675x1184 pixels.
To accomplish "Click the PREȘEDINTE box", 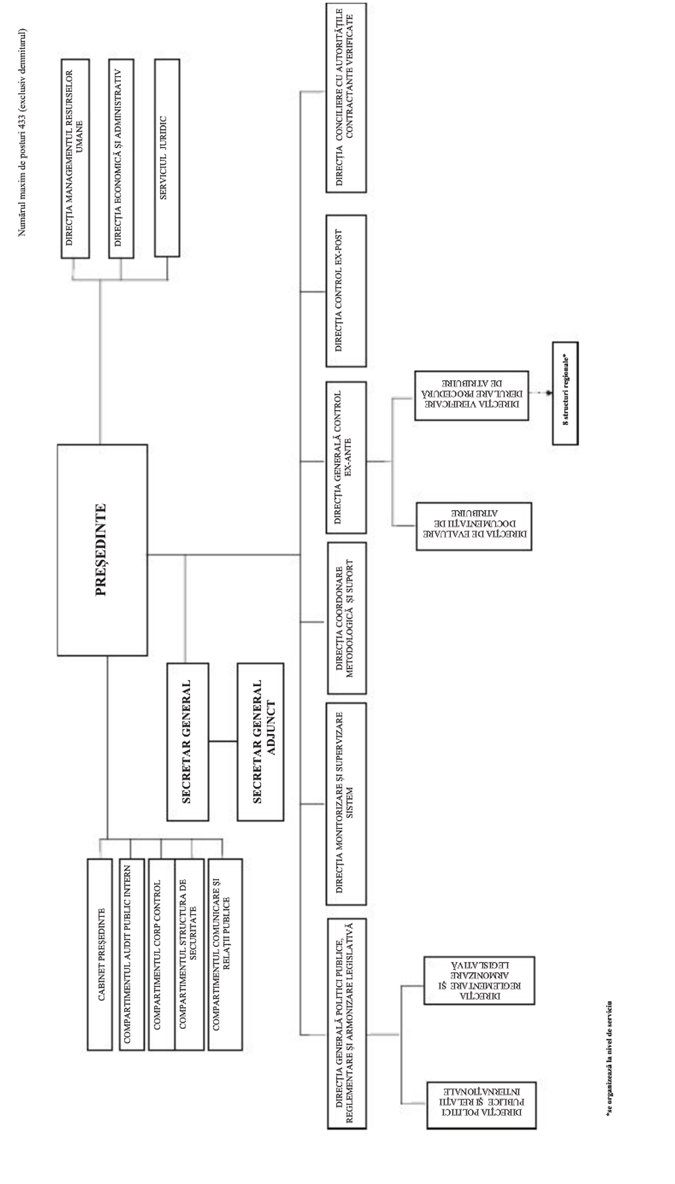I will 102,550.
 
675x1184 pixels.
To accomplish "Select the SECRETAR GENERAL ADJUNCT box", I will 260,741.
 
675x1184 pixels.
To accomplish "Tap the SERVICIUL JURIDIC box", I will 166,158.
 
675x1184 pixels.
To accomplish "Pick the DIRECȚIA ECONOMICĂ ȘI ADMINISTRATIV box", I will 121,158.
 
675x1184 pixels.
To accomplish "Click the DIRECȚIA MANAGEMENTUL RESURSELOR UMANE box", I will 75,158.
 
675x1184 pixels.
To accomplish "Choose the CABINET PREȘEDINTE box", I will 100,954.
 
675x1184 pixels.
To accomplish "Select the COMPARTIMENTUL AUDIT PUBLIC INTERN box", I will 131,954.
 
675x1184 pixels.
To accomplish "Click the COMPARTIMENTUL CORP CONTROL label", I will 157,954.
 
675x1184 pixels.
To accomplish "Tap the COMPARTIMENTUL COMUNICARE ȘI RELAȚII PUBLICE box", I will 225,954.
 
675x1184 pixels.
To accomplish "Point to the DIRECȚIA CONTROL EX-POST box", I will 346,291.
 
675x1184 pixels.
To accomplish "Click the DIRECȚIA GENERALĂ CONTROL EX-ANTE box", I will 346,457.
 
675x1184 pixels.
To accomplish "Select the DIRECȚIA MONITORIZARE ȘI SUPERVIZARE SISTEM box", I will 346,803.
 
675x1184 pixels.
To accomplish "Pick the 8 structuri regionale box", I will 565,393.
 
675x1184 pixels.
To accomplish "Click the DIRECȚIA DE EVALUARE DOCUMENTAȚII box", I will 474,526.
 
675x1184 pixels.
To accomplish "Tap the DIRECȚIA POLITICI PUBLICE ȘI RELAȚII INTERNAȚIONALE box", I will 481,1105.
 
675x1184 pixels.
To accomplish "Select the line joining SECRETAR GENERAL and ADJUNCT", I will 223,741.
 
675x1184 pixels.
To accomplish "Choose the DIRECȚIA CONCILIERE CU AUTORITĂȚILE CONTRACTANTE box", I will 346,97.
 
